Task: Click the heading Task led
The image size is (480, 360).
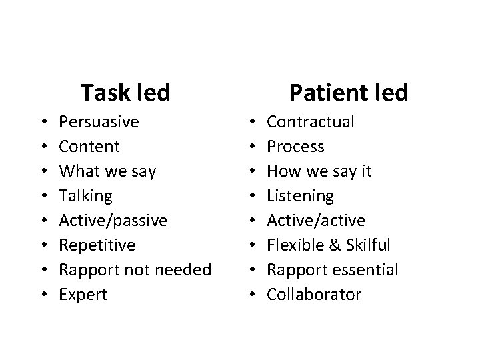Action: coord(125,92)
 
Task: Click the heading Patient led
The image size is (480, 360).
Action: coord(348,92)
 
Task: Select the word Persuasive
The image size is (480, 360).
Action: coord(99,122)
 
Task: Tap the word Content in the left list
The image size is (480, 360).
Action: coord(89,147)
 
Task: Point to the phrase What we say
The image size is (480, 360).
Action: coord(107,171)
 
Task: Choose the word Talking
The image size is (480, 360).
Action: coord(86,196)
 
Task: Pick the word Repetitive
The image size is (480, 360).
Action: coord(97,245)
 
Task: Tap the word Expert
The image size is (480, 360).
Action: coord(83,295)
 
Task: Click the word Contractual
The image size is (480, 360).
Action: coord(311,122)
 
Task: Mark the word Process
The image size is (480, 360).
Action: coord(295,147)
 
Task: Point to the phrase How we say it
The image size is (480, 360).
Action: coord(319,171)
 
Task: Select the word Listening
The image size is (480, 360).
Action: coord(300,196)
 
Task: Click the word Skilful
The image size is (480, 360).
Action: coord(366,245)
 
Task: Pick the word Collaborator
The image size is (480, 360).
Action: coord(314,295)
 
